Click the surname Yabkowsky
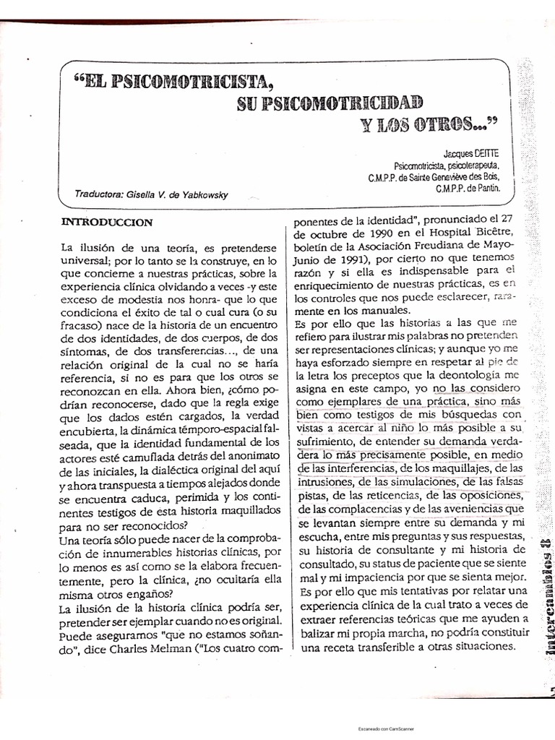(203, 194)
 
